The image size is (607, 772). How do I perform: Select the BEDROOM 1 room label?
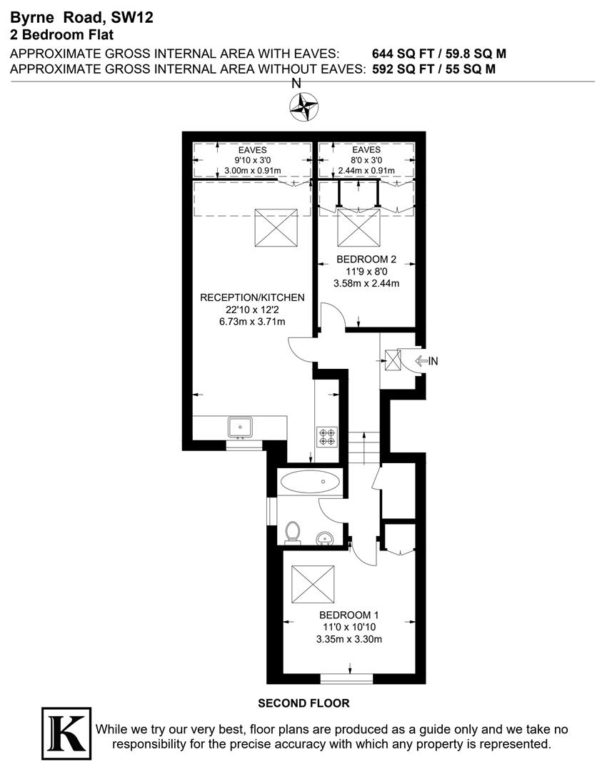pos(348,615)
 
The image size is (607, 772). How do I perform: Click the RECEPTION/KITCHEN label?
pos(252,297)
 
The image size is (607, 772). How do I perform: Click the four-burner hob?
pos(327,436)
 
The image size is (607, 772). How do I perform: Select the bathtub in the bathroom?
pos(311,482)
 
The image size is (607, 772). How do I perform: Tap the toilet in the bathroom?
pos(292,532)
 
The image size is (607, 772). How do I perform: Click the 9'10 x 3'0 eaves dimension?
pos(253,160)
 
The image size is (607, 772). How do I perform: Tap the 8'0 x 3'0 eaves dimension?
pos(366,160)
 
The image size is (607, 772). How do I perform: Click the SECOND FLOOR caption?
pos(303,703)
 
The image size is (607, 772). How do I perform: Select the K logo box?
pos(66,733)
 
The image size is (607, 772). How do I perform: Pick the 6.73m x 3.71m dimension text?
pos(252,322)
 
